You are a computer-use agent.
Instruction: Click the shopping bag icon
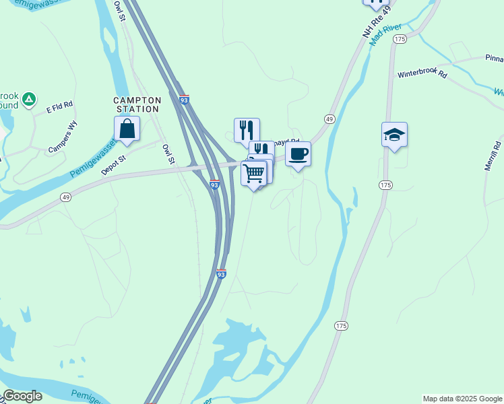click(x=127, y=128)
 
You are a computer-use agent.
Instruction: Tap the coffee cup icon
click(x=298, y=154)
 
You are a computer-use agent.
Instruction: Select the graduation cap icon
click(x=394, y=135)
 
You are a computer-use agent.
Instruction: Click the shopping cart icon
click(x=254, y=174)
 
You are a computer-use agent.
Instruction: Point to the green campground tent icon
click(x=29, y=100)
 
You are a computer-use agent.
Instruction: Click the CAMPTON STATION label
click(x=137, y=104)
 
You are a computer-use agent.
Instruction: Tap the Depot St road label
click(x=113, y=166)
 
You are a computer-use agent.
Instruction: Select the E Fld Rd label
click(x=59, y=107)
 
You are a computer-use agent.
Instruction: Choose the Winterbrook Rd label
click(x=422, y=74)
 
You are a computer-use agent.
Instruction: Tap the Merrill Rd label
click(x=493, y=156)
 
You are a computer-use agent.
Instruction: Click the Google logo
click(x=22, y=396)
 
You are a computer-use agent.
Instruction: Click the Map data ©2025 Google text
click(x=462, y=399)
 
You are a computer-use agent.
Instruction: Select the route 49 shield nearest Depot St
click(x=65, y=197)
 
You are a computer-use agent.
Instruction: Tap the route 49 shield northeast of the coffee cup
click(x=329, y=119)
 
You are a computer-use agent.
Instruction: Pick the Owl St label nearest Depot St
click(x=168, y=155)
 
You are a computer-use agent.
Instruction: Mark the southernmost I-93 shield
click(x=221, y=274)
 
